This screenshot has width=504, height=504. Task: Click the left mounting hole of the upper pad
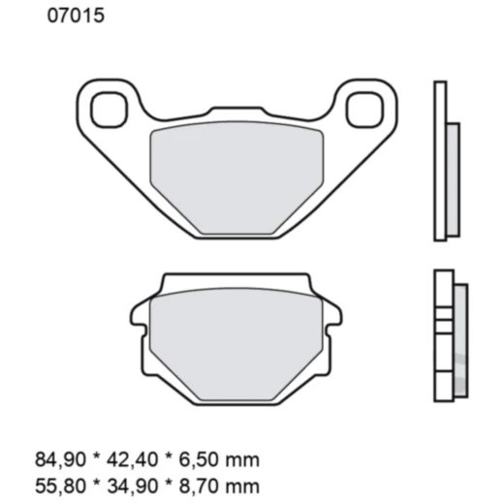click(x=105, y=109)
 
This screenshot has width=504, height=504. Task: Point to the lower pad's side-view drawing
click(x=448, y=334)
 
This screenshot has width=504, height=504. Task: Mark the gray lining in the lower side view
click(x=459, y=334)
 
